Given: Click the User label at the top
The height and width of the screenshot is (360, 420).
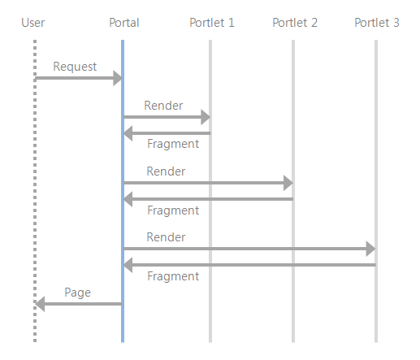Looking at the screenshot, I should tap(32, 23).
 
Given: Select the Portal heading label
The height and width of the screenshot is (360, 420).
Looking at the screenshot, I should tap(123, 23).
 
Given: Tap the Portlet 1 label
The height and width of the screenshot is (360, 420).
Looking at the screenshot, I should tap(211, 23).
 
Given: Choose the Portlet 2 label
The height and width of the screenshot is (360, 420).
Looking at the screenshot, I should tap(294, 23).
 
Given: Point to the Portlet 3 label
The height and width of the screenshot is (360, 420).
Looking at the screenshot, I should tap(376, 23).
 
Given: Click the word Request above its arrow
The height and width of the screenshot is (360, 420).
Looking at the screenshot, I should tap(75, 67).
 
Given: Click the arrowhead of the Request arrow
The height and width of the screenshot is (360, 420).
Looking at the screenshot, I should tap(117, 78).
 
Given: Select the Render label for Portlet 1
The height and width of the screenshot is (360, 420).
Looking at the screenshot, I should tap(163, 106).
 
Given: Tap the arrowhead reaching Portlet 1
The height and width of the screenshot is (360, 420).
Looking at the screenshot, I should tap(205, 117).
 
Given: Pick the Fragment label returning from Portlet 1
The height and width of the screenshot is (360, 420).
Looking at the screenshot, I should tap(172, 145).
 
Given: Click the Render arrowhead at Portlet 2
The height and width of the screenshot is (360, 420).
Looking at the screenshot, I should tap(288, 183).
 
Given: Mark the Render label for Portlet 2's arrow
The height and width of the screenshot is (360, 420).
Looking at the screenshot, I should tap(166, 171).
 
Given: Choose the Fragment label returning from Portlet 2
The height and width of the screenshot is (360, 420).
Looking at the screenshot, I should tap(172, 210).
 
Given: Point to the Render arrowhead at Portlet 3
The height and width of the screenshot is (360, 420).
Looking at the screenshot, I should tap(370, 249).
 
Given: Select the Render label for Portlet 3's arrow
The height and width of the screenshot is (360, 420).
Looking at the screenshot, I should tap(166, 237).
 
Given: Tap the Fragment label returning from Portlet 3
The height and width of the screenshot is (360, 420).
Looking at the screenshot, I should tap(172, 276).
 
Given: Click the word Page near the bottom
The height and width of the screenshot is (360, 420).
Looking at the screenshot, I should tap(77, 293).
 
